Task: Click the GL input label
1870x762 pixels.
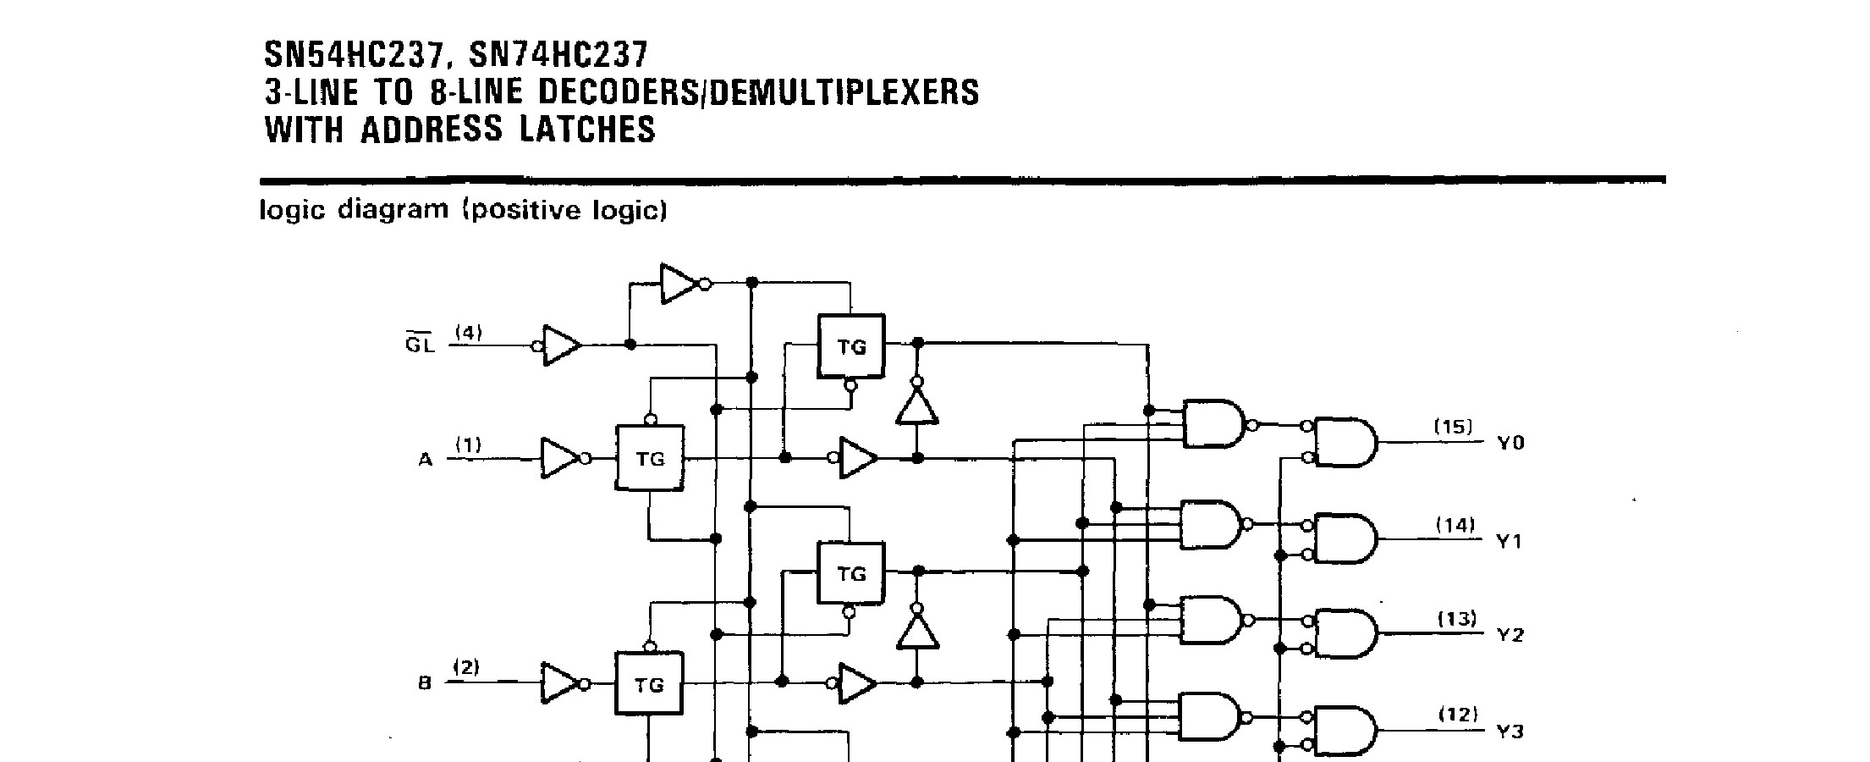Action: pyautogui.click(x=419, y=345)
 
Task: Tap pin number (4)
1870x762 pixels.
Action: pyautogui.click(x=468, y=333)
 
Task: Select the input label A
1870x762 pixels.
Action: pyautogui.click(x=425, y=460)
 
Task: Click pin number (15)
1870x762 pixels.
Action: pyautogui.click(x=1453, y=427)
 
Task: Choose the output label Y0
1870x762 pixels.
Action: pyautogui.click(x=1510, y=443)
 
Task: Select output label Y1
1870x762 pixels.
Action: pyautogui.click(x=1509, y=540)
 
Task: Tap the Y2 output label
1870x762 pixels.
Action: pyautogui.click(x=1510, y=635)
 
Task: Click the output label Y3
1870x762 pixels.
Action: pyautogui.click(x=1510, y=731)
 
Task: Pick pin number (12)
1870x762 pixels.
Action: pyautogui.click(x=1458, y=715)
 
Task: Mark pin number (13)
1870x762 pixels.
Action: pyautogui.click(x=1457, y=619)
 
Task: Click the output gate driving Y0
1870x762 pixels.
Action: pyautogui.click(x=1345, y=442)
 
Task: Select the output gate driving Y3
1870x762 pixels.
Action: pyautogui.click(x=1345, y=730)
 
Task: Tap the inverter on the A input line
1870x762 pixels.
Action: pyautogui.click(x=561, y=458)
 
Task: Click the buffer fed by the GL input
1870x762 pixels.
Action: pyautogui.click(x=561, y=345)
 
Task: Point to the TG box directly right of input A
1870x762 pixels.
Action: pyautogui.click(x=650, y=459)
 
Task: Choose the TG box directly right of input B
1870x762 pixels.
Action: pyautogui.click(x=650, y=685)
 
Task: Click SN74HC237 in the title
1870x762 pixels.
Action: pyautogui.click(x=558, y=56)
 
